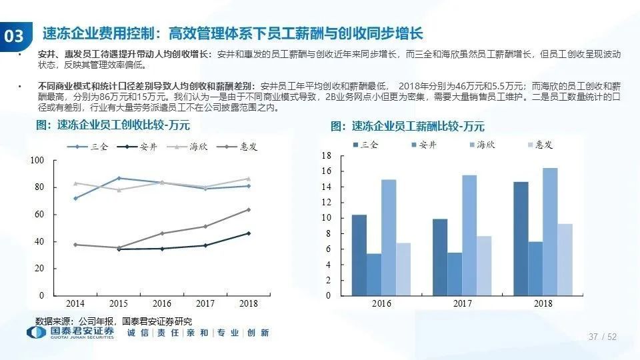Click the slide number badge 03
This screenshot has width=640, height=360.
coord(14,36)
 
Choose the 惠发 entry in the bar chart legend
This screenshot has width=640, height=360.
coord(541,145)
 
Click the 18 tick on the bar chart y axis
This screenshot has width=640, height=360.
coord(326,156)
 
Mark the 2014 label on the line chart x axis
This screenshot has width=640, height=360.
coord(75,304)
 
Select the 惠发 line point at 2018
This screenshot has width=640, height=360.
coord(249,210)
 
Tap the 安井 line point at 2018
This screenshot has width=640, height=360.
coord(249,233)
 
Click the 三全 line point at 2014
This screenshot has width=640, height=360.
coord(75,198)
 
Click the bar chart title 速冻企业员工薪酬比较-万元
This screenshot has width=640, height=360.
coord(407,127)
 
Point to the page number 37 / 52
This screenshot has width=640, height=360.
coord(603,337)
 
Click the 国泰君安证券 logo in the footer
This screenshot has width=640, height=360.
coord(71,332)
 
